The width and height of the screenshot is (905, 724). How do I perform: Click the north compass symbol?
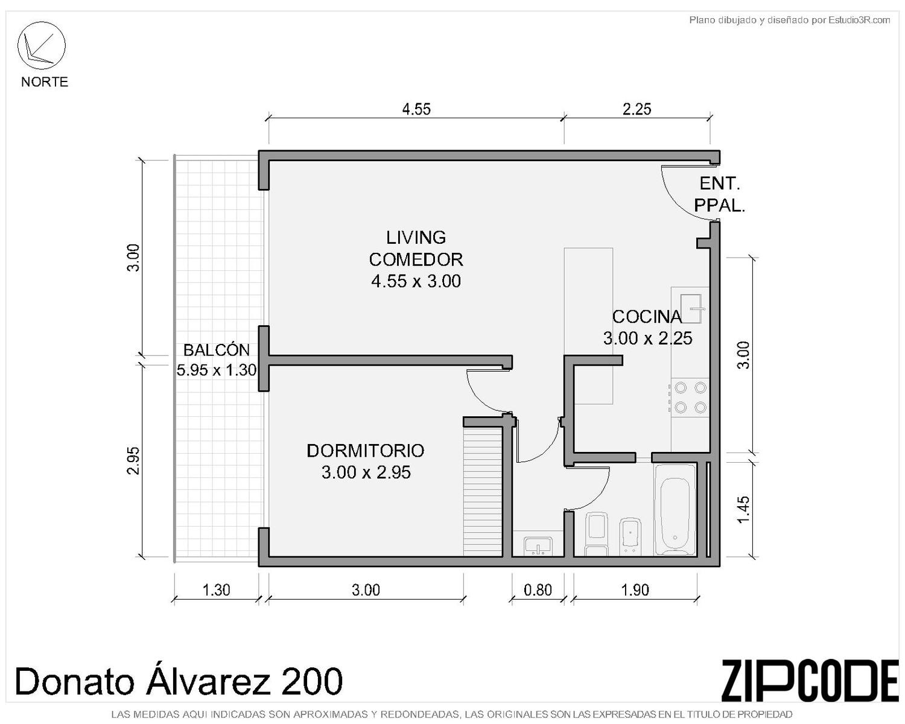coord(41,45)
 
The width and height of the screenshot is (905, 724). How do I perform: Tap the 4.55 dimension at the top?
coord(416,109)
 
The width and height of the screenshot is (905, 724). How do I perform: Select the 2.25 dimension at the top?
coord(637,109)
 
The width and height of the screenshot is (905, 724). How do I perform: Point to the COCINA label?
coord(647,317)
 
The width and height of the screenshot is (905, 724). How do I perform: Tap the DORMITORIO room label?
coord(366,451)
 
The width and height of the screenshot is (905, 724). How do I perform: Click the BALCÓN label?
coord(217,350)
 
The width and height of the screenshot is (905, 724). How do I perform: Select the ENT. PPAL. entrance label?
coord(720,194)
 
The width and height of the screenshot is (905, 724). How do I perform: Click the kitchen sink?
coord(689,309)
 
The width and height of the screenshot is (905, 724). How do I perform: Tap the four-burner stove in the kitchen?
coord(690,398)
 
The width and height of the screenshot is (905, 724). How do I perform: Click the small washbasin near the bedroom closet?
coord(538,547)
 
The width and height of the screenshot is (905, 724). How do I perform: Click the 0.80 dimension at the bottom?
coord(538,590)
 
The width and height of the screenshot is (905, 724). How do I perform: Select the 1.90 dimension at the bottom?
coord(635,590)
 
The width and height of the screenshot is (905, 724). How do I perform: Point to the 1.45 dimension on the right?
coord(743,510)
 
